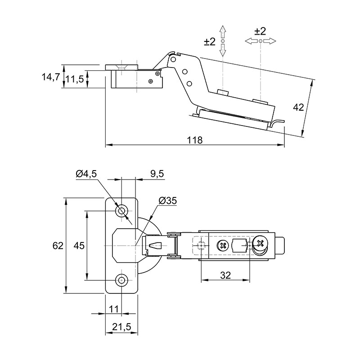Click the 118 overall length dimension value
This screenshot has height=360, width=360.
tap(195, 139)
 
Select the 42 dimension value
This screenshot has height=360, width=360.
tap(298, 107)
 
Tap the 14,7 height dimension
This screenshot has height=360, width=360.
tap(51, 77)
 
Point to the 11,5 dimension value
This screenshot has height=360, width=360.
tap(75, 80)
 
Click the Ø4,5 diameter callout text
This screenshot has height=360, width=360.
tap(86, 174)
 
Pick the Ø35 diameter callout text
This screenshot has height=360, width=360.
tap(168, 201)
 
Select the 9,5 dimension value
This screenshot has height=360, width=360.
tap(157, 174)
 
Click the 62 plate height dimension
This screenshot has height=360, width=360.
tap(58, 246)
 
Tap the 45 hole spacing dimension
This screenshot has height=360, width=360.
tap(79, 246)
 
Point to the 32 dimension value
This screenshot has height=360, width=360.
tap(225, 275)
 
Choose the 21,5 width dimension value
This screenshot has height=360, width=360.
tap(121, 327)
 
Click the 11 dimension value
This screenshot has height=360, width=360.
tap(114, 309)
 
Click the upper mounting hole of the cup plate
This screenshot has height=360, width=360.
tap(121, 211)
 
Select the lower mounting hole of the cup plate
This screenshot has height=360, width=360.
tap(121, 280)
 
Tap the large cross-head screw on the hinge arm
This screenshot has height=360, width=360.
tap(261, 243)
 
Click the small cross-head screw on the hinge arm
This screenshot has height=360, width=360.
tap(222, 246)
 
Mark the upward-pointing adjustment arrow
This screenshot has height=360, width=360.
tap(222, 32)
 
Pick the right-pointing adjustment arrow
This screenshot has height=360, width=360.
tap(270, 41)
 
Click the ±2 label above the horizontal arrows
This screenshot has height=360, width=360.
tap(260, 31)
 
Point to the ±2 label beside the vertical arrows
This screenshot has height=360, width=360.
tap(210, 41)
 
